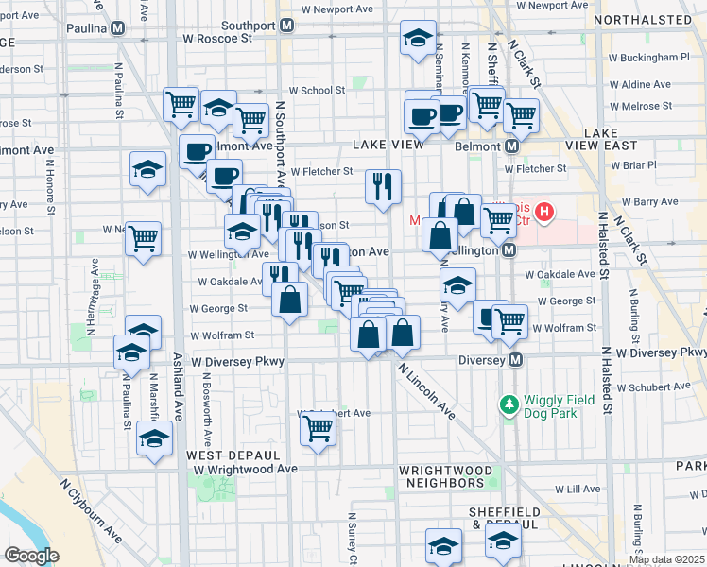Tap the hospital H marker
(544, 213)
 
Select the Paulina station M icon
(117, 27)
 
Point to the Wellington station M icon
(509, 250)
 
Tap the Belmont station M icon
(511, 146)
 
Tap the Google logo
(31, 556)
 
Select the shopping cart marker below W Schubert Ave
(319, 429)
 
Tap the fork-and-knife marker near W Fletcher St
(384, 186)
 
